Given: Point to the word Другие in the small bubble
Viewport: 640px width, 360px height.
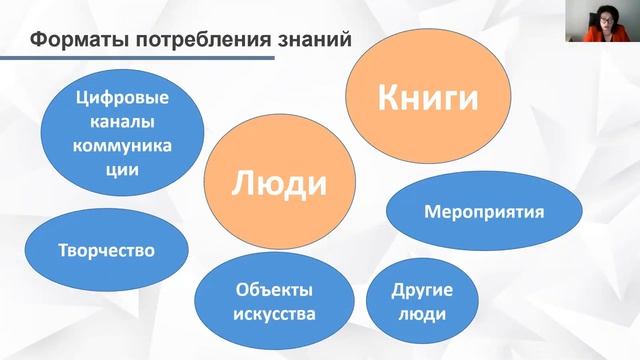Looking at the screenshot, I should pyautogui.click(x=422, y=291).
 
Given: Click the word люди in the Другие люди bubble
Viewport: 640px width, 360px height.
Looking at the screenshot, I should pyautogui.click(x=422, y=314).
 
